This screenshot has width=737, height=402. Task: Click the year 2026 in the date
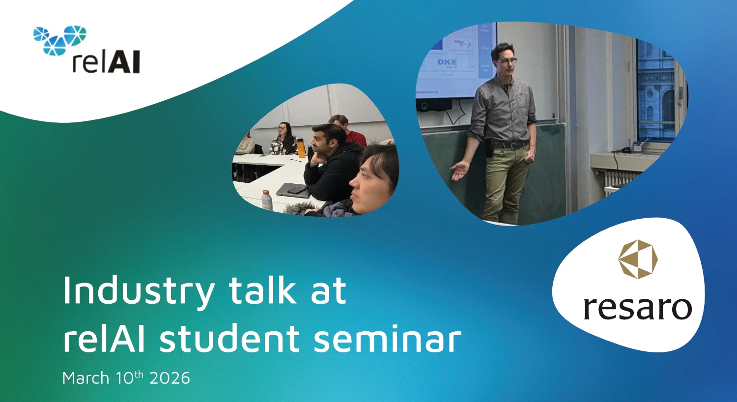click(x=170, y=378)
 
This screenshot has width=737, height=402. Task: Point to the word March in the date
click(x=85, y=377)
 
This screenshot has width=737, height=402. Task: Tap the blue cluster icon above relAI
click(x=60, y=39)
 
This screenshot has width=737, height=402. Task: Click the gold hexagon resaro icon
click(x=638, y=259)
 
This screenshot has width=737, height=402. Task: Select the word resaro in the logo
click(x=638, y=308)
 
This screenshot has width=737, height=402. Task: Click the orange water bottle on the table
click(x=301, y=148)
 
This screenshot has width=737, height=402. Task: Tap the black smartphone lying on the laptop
click(x=297, y=190)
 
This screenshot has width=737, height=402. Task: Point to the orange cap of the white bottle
click(x=266, y=193)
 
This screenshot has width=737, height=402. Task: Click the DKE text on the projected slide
click(x=447, y=62)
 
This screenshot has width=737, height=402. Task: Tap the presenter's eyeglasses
click(x=507, y=60)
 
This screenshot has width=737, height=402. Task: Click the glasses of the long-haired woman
click(x=282, y=128)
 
